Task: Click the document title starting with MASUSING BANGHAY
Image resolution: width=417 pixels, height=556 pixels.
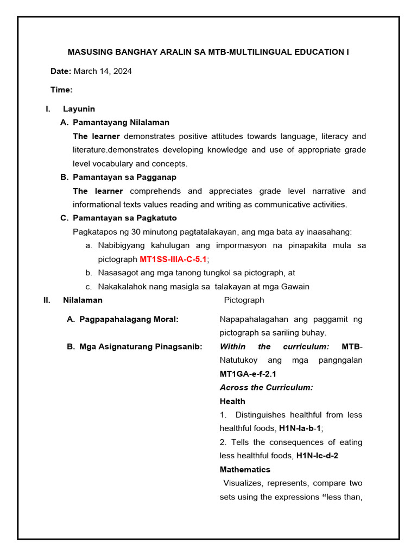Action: pos(208,52)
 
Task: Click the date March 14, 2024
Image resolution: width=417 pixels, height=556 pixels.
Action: pos(103,71)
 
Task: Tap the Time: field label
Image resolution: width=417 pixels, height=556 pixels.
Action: pos(61,90)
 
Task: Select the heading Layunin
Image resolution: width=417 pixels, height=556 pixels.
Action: pos(79,109)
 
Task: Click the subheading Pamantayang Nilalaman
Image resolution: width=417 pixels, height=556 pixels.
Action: pos(121,122)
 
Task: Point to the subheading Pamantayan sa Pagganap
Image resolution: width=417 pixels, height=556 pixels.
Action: pos(124,177)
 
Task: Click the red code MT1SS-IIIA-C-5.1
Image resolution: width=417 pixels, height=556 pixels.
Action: pos(173,259)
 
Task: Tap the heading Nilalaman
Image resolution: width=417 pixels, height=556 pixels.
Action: pos(83,300)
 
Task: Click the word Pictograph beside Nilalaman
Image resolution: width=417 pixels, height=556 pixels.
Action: pos(244,300)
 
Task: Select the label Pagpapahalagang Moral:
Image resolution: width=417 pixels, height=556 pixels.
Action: pos(129,319)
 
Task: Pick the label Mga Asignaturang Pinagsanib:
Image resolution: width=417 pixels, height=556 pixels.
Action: pos(141,346)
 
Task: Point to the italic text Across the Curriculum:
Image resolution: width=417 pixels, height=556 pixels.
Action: pos(266,387)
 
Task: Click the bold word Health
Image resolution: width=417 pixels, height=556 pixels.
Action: pos(232,401)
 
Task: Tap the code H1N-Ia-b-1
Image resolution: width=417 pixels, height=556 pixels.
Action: pos(301,428)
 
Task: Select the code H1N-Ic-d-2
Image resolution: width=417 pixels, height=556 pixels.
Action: pos(317,456)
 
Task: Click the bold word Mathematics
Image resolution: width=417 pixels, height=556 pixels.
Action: pos(245,469)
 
